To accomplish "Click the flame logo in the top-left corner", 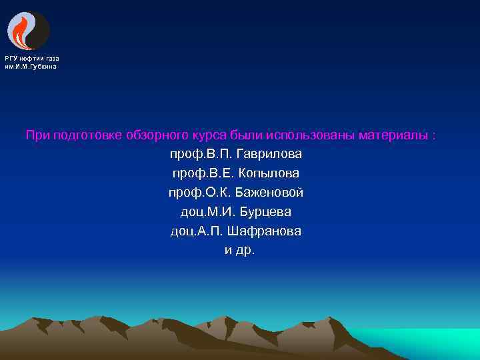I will click(x=28, y=31).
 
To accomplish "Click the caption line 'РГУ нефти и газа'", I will click(x=32, y=59).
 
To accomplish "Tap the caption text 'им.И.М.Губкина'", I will click(x=31, y=67).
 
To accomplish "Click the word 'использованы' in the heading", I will click(x=311, y=135).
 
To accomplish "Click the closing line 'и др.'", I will click(x=240, y=251).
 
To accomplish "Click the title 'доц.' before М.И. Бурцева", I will click(x=193, y=212).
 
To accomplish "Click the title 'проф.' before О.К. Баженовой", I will click(x=183, y=193).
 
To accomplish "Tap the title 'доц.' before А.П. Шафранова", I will click(x=183, y=231).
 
